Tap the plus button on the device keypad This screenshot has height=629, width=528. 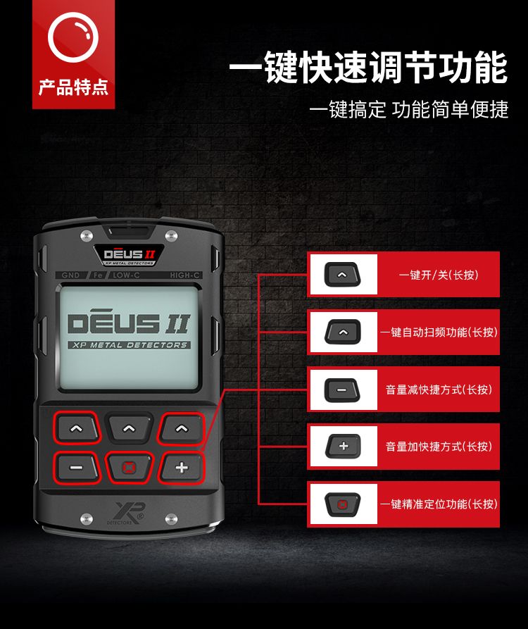(x=182, y=467)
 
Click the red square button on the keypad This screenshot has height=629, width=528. (x=128, y=467)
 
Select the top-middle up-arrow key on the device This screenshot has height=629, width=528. (x=129, y=428)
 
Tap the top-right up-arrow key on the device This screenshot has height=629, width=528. (x=182, y=428)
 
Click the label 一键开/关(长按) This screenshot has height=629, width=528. (x=439, y=275)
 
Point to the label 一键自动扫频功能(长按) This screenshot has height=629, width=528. (x=439, y=332)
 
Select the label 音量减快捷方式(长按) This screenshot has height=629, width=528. (x=439, y=389)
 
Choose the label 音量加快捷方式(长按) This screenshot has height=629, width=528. (x=439, y=446)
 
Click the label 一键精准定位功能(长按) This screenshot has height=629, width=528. (x=439, y=504)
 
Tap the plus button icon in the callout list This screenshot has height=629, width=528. (x=343, y=446)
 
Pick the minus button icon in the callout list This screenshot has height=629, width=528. (x=342, y=390)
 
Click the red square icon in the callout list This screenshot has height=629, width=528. (x=342, y=504)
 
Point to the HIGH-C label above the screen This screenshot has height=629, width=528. (x=184, y=275)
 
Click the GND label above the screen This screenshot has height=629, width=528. (x=70, y=275)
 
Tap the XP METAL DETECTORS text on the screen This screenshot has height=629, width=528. (x=129, y=345)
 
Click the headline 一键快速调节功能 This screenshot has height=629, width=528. (x=369, y=67)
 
